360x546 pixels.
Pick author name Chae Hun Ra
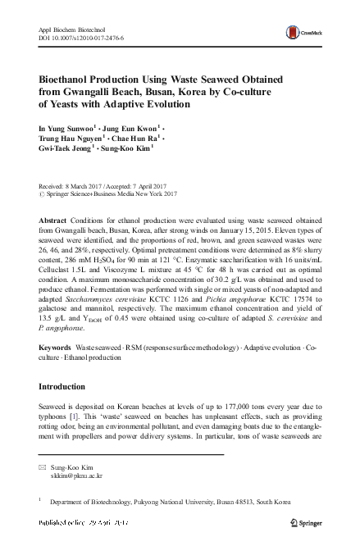[134, 140]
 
